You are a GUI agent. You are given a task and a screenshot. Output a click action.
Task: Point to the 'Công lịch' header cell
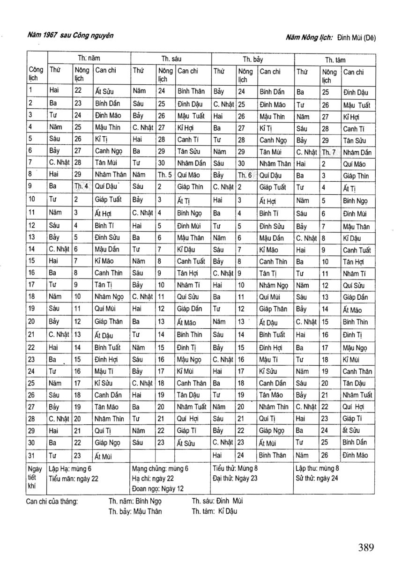(36, 74)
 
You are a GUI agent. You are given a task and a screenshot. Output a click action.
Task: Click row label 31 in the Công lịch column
(31, 454)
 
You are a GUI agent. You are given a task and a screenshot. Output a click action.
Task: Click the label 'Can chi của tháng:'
(52, 501)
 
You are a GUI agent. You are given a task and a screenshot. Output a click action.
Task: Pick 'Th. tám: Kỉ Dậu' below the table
(215, 511)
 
